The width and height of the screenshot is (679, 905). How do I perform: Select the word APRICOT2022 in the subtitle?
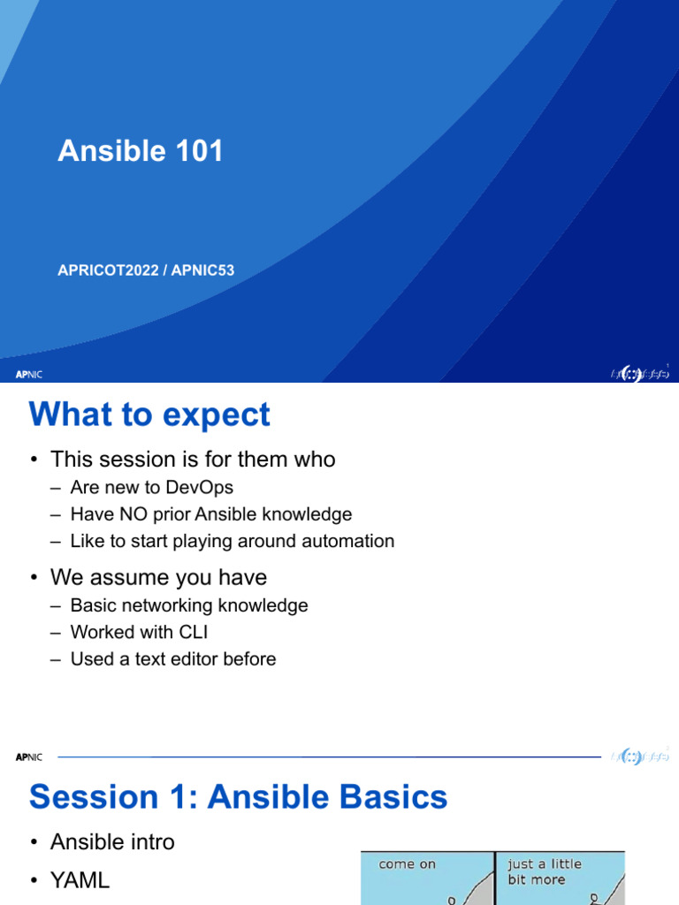(106, 270)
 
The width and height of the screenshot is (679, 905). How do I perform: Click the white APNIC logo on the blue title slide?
(29, 374)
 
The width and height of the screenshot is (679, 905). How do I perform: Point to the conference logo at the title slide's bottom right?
(639, 374)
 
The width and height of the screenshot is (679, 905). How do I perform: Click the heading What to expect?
(149, 414)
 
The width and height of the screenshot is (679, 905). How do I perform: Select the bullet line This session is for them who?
(193, 460)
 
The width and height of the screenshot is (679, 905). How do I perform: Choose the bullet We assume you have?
(158, 578)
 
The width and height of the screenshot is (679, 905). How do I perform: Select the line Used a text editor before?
(172, 659)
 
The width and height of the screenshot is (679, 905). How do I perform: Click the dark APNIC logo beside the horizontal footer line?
(29, 757)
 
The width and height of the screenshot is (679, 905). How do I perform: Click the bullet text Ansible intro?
(112, 842)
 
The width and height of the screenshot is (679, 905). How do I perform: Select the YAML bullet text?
(80, 879)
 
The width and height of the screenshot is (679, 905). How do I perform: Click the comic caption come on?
(407, 863)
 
